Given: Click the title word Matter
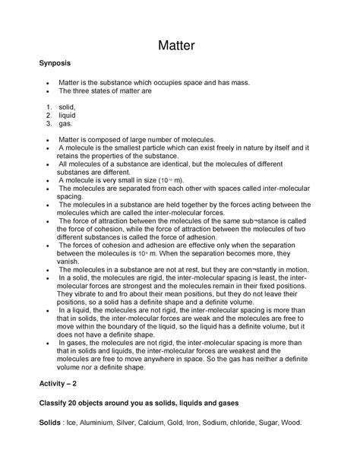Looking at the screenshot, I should [180, 46].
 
